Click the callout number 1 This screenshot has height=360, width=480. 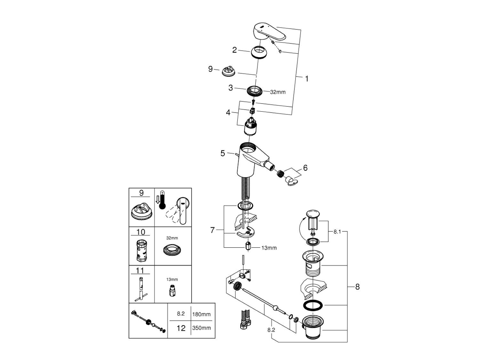tap(307, 78)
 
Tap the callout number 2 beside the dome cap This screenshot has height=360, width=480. tap(235, 50)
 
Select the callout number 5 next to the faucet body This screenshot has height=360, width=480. tap(223, 153)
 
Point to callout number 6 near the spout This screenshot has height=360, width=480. tap(305, 168)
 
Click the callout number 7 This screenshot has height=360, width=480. tap(212, 230)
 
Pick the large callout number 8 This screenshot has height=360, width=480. tap(357, 287)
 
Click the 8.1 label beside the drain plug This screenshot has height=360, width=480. tap(337, 231)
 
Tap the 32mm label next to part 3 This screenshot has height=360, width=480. tap(278, 92)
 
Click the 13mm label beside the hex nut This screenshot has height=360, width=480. tap(269, 248)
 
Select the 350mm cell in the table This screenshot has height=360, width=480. tap(201, 328)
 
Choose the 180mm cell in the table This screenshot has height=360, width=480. tap(201, 314)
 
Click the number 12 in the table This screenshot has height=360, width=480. tap(181, 328)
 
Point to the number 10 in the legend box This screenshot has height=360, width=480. tap(141, 232)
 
